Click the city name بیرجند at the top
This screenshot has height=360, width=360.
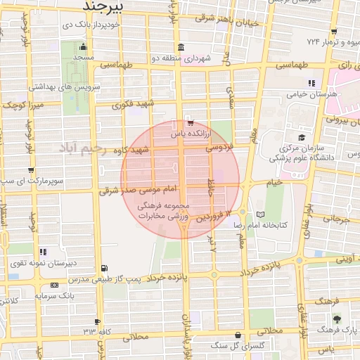[103, 6]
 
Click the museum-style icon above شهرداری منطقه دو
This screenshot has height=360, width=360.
[181, 48]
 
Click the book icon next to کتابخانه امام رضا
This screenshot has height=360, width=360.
[261, 214]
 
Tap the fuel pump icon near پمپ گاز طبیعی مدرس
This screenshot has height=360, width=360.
[105, 268]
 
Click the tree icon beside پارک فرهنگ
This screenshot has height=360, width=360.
[336, 320]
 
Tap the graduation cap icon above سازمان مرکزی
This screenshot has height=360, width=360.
[302, 137]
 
